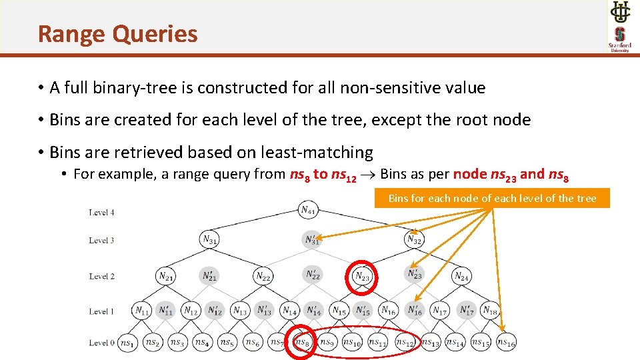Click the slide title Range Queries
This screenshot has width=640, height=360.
(x=117, y=33)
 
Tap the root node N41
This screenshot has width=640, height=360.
(x=308, y=211)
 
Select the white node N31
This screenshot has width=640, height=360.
(x=209, y=239)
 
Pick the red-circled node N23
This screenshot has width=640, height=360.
(x=363, y=275)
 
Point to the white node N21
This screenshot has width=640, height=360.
(x=166, y=275)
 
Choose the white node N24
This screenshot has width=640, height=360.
(x=461, y=275)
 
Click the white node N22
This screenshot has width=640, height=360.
(x=263, y=275)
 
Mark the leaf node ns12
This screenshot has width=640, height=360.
(x=404, y=342)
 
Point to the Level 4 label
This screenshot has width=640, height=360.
(x=102, y=213)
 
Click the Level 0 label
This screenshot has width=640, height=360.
(x=102, y=343)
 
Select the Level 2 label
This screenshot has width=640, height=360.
(x=102, y=276)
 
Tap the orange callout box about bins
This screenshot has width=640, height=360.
(x=492, y=199)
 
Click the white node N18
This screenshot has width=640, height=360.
(x=489, y=310)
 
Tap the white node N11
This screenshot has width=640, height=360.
(x=142, y=310)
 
